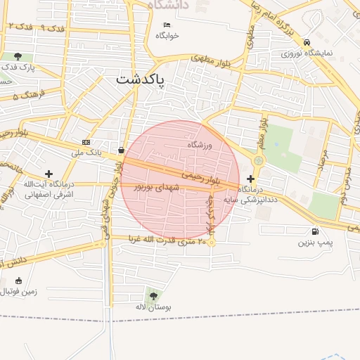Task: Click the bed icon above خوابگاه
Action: [167, 25]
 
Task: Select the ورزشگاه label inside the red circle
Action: [200, 144]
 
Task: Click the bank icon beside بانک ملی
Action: [86, 142]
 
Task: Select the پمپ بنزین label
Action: [314, 243]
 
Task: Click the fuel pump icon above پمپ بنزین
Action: [314, 231]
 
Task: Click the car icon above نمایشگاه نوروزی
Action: [307, 42]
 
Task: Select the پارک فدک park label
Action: [18, 67]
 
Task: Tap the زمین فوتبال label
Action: [20, 290]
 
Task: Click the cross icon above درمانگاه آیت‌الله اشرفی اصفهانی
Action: [49, 174]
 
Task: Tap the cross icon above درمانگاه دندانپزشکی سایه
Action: [251, 179]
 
